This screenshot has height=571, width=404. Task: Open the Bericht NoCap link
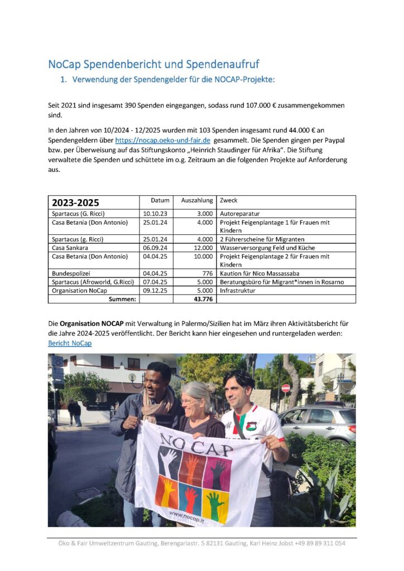[70, 343]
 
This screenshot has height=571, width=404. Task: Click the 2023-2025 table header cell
[75, 202]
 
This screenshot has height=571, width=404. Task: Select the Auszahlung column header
[196, 200]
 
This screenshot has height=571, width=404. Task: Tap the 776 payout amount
[206, 273]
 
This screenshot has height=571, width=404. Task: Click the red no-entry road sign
[286, 388]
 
